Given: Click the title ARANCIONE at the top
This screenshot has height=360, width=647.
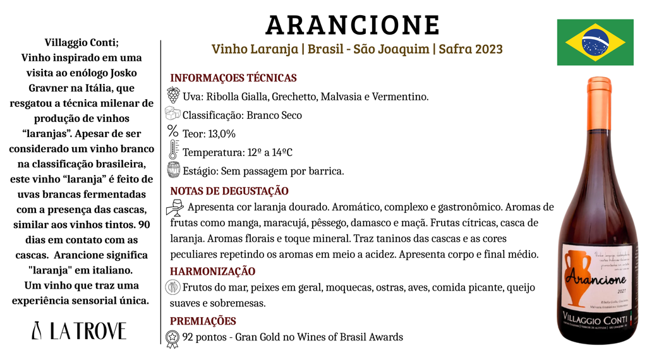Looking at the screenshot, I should [353, 25].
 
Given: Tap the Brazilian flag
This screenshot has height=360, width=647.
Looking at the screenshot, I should [595, 42].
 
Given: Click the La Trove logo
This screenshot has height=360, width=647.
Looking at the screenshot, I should [79, 330].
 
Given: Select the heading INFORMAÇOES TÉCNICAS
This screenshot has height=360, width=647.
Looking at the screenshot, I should [233, 78].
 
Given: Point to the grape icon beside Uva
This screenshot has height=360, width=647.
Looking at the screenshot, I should [172, 95].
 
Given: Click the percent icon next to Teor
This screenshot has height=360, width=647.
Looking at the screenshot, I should [172, 132].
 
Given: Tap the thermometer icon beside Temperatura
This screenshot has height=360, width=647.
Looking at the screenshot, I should [173, 150].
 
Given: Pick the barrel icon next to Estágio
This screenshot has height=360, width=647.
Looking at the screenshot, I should [173, 170].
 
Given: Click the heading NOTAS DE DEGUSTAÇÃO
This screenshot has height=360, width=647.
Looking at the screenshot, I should [229, 191].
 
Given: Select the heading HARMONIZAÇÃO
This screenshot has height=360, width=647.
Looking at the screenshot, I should [213, 271].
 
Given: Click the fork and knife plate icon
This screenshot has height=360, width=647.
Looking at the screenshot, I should [173, 287].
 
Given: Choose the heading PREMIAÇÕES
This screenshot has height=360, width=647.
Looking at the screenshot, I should [203, 321].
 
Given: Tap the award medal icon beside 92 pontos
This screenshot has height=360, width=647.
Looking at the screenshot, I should [172, 338].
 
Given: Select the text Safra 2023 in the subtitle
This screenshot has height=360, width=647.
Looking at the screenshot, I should [470, 49].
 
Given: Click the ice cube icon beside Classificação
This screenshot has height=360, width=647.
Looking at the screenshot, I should [172, 114].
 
